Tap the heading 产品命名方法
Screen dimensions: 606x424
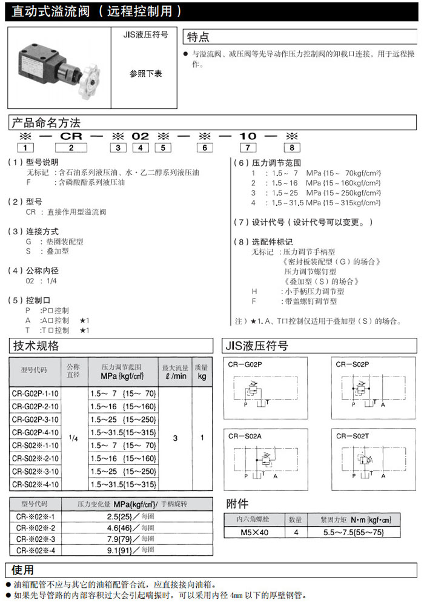click(x=46, y=123)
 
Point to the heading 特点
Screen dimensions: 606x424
click(x=198, y=37)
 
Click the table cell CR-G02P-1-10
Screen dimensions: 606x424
click(x=36, y=394)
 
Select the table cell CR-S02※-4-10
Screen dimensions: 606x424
click(x=36, y=484)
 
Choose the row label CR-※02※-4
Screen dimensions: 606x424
click(x=36, y=550)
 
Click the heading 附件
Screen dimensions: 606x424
click(x=237, y=504)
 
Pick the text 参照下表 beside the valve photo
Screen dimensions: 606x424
click(x=145, y=74)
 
